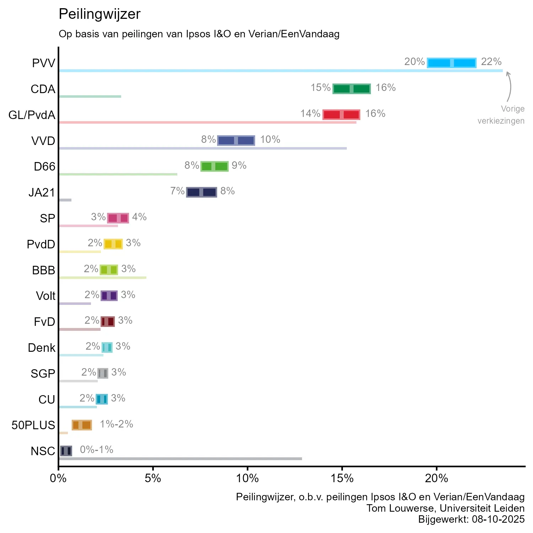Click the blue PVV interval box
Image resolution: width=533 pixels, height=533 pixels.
point(451,63)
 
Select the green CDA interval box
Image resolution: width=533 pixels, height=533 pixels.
point(351,88)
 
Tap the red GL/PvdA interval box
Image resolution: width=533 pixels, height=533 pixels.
point(341,114)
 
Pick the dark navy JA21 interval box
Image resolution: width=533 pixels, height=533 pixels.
point(201,192)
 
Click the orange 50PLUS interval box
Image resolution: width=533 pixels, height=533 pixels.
point(82,425)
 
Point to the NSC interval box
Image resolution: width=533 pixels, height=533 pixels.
point(66,451)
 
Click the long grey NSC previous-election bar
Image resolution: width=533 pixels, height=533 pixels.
point(181,459)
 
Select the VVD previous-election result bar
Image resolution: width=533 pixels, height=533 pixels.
point(203,148)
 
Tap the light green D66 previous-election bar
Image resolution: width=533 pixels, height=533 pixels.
point(118,174)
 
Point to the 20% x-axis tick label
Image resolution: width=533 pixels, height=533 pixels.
point(436,478)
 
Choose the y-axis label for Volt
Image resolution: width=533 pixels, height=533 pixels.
point(46,296)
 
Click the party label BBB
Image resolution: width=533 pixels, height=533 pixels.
point(44,270)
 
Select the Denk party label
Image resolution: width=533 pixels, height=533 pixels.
point(42,348)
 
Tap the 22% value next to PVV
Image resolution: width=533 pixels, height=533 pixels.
point(491,62)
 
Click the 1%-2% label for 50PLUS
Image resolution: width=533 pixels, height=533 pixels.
point(117,424)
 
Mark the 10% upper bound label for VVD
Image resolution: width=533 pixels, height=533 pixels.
point(270,139)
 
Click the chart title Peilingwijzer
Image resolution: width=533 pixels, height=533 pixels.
point(99,14)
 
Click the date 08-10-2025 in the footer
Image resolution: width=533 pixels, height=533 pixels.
point(498,519)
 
